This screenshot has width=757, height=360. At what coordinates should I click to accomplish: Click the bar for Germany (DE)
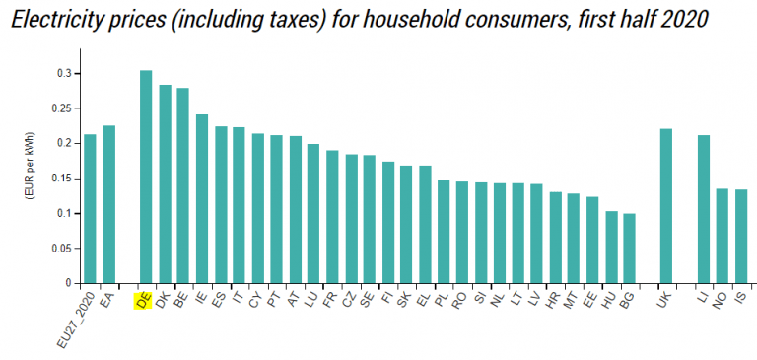tap(146, 178)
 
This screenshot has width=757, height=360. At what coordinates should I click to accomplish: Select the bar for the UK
tap(665, 206)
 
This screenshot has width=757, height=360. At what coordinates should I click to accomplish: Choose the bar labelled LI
tap(703, 209)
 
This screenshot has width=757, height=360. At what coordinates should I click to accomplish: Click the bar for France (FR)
tap(332, 217)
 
